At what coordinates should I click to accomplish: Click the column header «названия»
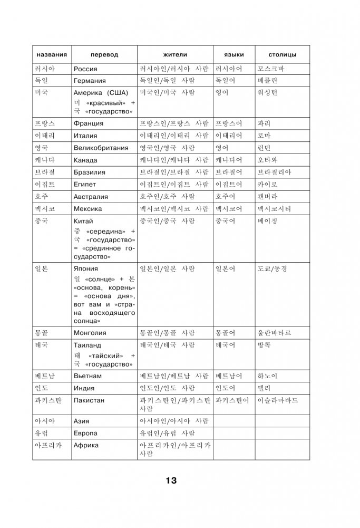coord(51,55)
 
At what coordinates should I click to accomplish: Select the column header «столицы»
coord(282,55)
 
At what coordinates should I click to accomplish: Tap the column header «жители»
coord(175,55)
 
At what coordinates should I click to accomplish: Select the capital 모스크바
coord(271,69)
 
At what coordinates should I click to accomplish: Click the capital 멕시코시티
coord(274,209)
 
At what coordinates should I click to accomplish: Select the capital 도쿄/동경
coord(273,268)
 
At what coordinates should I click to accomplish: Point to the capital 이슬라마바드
coord(278,400)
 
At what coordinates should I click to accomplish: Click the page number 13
coord(171,481)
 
